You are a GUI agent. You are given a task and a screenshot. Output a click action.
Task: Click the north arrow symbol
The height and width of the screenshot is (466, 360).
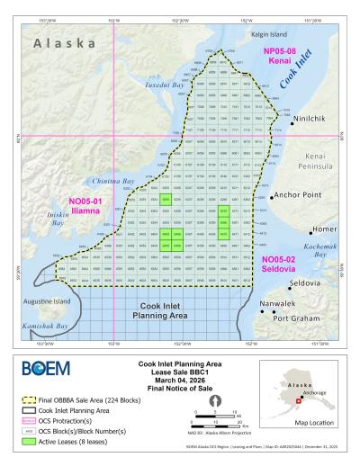tap(215, 399)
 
